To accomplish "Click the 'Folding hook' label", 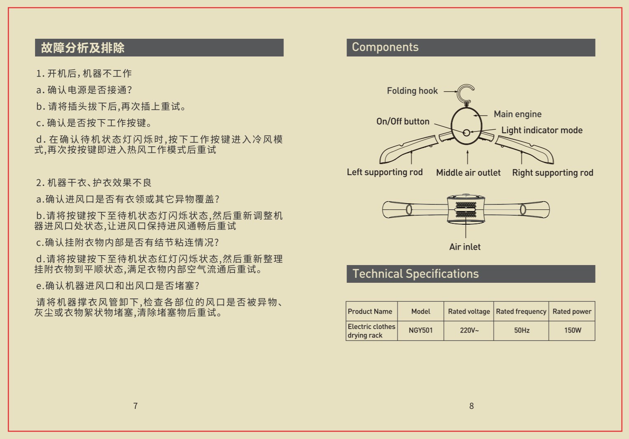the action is click(412, 91).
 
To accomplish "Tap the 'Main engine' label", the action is click(518, 114).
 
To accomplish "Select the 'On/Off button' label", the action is click(403, 121).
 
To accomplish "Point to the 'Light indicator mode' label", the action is click(542, 130).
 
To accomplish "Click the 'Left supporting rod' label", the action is click(385, 172).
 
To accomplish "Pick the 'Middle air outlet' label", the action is click(468, 172).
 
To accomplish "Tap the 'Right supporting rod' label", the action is click(553, 173).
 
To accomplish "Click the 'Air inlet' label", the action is click(465, 247).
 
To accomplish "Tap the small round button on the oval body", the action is click(466, 133).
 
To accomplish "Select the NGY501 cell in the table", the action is click(420, 330).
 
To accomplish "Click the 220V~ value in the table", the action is click(469, 330).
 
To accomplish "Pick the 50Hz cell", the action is click(522, 330).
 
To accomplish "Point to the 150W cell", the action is click(573, 330).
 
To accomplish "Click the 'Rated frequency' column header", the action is click(521, 312).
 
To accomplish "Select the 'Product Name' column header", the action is click(370, 312).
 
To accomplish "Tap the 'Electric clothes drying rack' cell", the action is click(371, 331).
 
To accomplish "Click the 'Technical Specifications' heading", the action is click(415, 274).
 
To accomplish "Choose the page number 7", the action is click(135, 406).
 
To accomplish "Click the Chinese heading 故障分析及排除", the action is click(83, 48).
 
